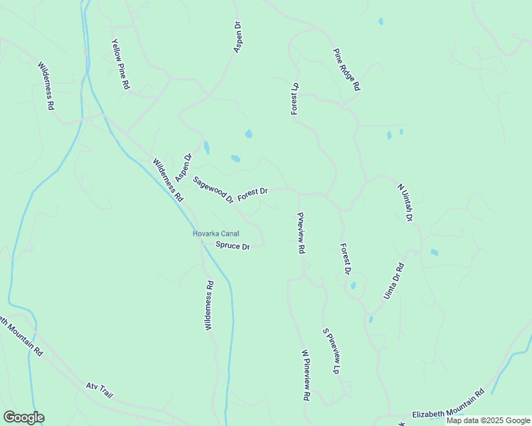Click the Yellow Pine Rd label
[120, 64]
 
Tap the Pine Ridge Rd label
[348, 70]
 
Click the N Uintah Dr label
[405, 202]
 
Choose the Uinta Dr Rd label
[394, 280]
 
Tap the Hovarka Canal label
[216, 234]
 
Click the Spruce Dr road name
[233, 246]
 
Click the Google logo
[23, 417]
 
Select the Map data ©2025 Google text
[488, 420]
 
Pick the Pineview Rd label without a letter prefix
[301, 233]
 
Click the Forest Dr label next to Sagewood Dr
[252, 192]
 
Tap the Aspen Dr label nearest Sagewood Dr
[183, 167]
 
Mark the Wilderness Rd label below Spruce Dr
[209, 305]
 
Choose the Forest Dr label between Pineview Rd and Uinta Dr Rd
[346, 259]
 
